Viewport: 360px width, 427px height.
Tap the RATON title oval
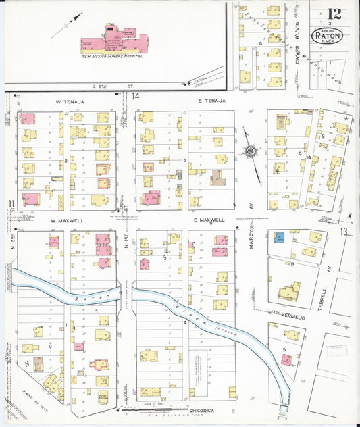[327, 35]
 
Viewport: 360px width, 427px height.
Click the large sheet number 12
[333, 14]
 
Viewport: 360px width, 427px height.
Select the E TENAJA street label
[211, 101]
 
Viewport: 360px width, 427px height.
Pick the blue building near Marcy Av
[279, 237]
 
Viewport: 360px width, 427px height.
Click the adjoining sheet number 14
[136, 97]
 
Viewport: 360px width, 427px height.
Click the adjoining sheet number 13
[344, 232]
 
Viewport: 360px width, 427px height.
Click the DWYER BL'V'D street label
[297, 47]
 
